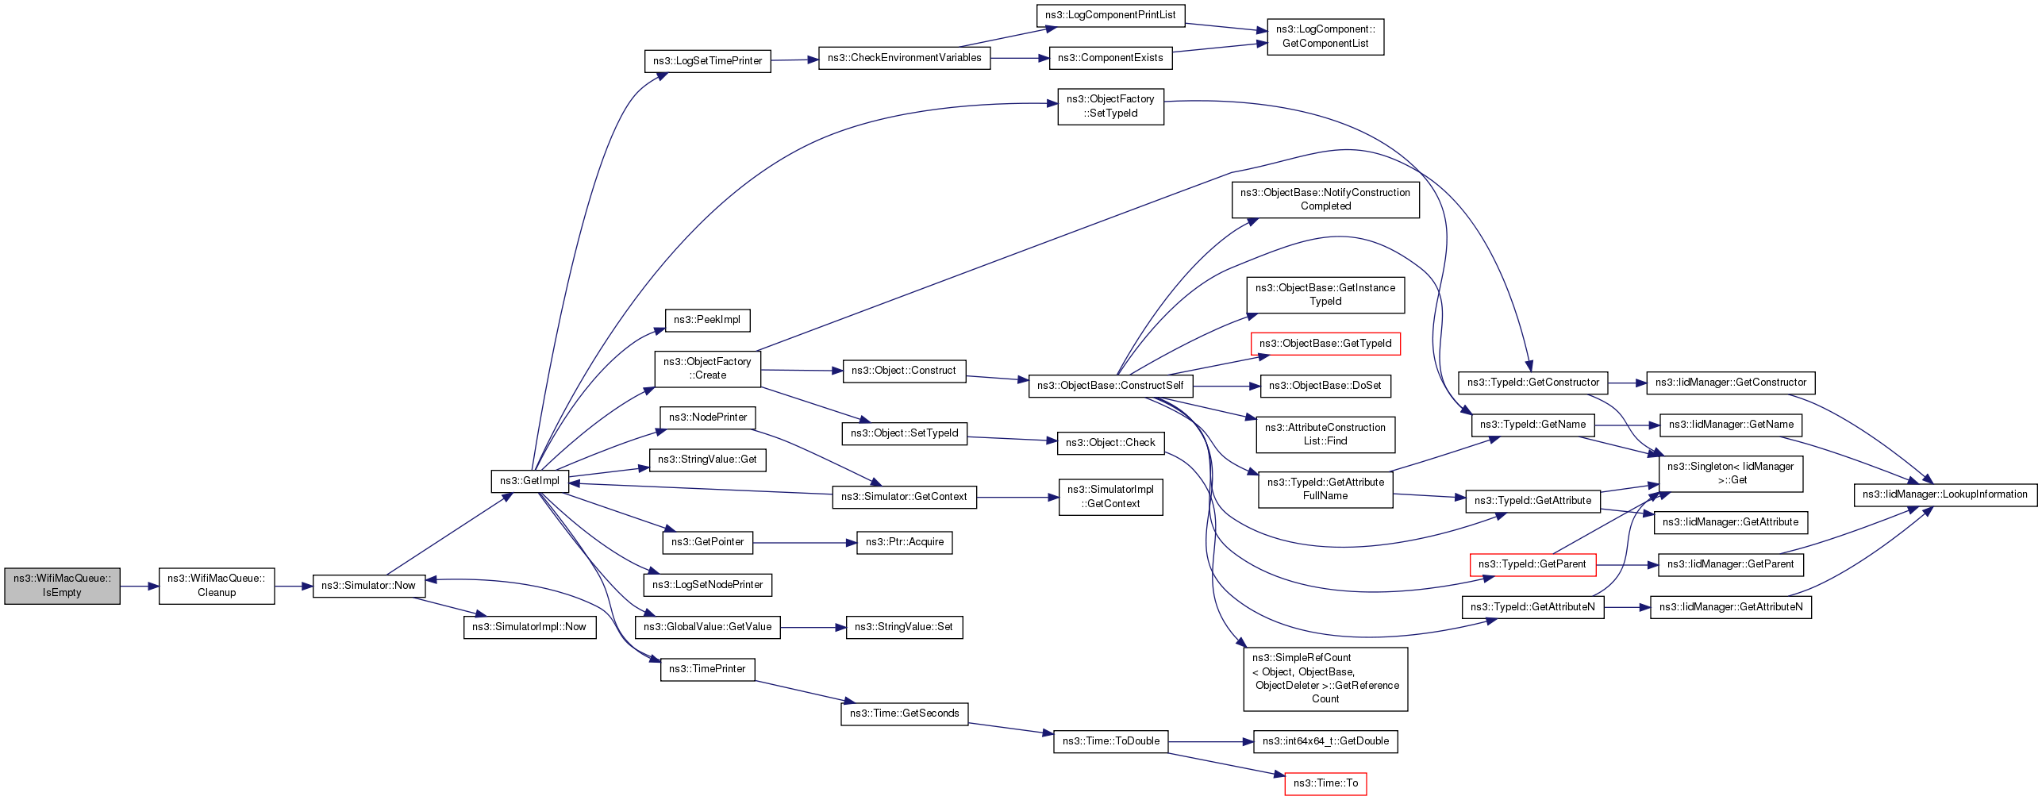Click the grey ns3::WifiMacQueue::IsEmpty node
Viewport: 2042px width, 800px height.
(x=62, y=586)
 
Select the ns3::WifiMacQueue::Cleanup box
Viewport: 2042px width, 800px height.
(x=217, y=586)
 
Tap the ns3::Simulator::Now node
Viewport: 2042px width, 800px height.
(x=369, y=586)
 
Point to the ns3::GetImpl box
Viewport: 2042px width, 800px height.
(x=529, y=481)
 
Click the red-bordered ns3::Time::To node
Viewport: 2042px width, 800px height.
(x=1325, y=783)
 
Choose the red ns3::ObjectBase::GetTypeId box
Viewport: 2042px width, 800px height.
(x=1325, y=344)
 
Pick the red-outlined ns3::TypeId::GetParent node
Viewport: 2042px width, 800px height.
(x=1532, y=564)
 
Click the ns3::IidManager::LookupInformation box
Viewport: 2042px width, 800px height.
(x=1945, y=494)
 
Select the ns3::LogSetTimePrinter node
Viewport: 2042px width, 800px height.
(x=707, y=61)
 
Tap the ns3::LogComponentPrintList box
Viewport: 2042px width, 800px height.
(x=1110, y=15)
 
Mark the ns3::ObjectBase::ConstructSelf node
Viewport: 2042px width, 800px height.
(x=1110, y=386)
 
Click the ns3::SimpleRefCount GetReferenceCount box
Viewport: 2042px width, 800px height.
(x=1325, y=679)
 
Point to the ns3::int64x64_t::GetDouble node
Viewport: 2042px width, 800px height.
(x=1325, y=741)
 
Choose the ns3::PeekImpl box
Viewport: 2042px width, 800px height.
(x=707, y=320)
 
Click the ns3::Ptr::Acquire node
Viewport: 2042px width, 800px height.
(x=905, y=542)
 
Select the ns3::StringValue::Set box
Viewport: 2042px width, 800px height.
(x=904, y=627)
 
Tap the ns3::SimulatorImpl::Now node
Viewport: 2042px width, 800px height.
(x=529, y=627)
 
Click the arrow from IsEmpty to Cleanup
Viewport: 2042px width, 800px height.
(x=140, y=587)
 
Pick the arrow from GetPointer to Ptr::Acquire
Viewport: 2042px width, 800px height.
(x=806, y=543)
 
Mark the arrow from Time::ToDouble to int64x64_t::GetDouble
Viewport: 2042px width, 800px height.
(x=1211, y=742)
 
